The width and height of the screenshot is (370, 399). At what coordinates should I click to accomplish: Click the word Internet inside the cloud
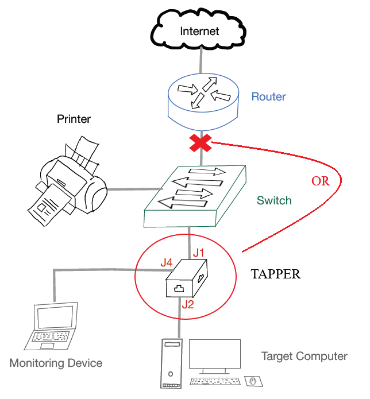point(199,31)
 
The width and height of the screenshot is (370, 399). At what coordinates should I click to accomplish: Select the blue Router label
point(268,96)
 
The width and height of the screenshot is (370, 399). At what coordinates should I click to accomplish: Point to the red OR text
point(321,181)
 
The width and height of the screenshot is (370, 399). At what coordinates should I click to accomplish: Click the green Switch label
point(274,201)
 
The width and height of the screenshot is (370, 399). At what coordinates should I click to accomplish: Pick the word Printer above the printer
point(74,119)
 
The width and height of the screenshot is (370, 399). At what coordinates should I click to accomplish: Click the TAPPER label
point(276,274)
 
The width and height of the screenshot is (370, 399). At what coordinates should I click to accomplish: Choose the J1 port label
point(199,252)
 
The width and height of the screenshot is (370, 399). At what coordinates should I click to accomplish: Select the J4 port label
point(167,262)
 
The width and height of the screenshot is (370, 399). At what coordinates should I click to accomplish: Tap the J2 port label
point(188,304)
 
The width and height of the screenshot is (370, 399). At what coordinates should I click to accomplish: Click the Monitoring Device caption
point(56,363)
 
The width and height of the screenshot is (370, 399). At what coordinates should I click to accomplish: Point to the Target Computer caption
point(305,357)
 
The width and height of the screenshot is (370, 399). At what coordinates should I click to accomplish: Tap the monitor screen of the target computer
point(215,356)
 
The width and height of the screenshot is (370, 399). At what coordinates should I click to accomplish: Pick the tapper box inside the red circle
point(187,279)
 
